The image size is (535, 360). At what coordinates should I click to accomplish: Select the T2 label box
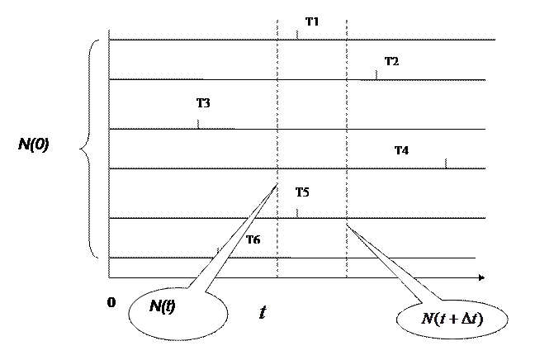tap(395, 60)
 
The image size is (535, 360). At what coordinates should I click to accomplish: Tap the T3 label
tap(207, 104)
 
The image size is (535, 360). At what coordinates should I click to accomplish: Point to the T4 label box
tap(410, 149)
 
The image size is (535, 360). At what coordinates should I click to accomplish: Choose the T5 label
tap(311, 193)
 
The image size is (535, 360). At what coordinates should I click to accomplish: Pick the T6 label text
tap(253, 239)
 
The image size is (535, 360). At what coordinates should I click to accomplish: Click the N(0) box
tap(39, 149)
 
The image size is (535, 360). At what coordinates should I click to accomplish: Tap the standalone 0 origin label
tap(112, 302)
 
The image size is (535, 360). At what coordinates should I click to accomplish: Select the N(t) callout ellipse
tap(177, 314)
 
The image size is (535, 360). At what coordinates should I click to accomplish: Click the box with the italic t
tap(267, 316)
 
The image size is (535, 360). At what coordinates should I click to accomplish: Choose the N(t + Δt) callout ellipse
tap(452, 320)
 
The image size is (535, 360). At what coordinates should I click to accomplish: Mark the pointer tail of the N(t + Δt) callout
tap(392, 268)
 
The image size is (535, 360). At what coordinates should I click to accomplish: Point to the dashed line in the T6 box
tap(277, 238)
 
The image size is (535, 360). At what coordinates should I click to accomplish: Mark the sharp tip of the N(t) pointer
tap(275, 187)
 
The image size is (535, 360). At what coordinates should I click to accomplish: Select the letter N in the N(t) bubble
tap(154, 306)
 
